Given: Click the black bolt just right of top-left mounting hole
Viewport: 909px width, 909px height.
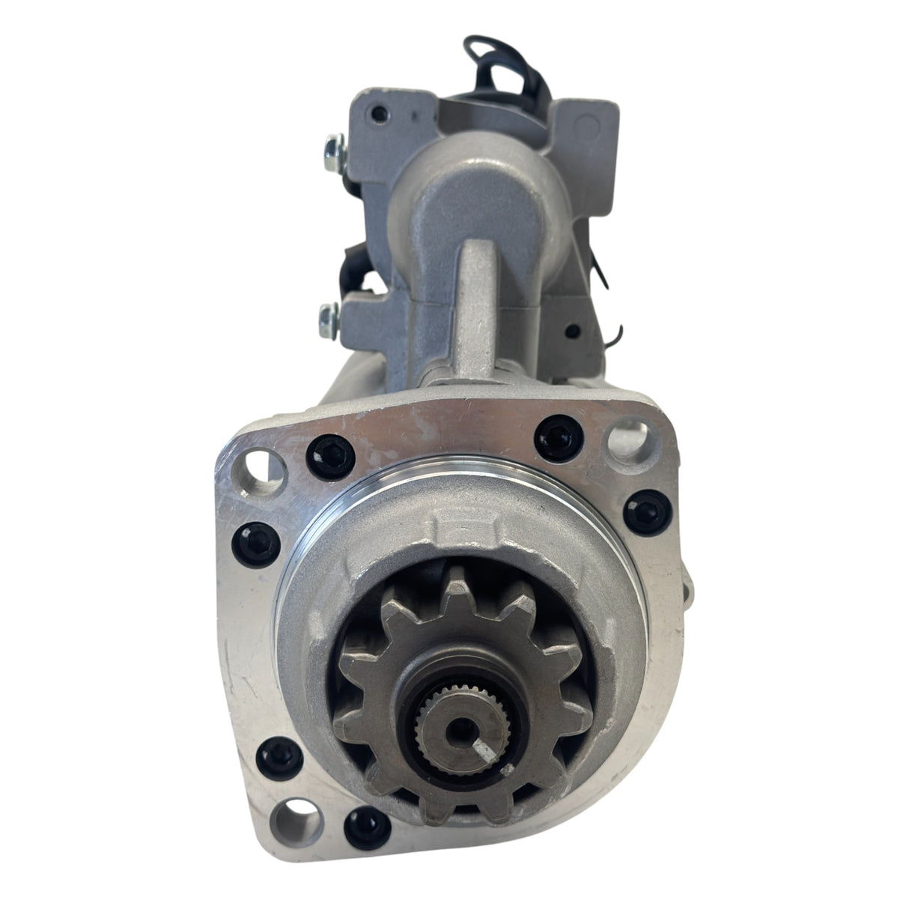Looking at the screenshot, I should click(x=318, y=452).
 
